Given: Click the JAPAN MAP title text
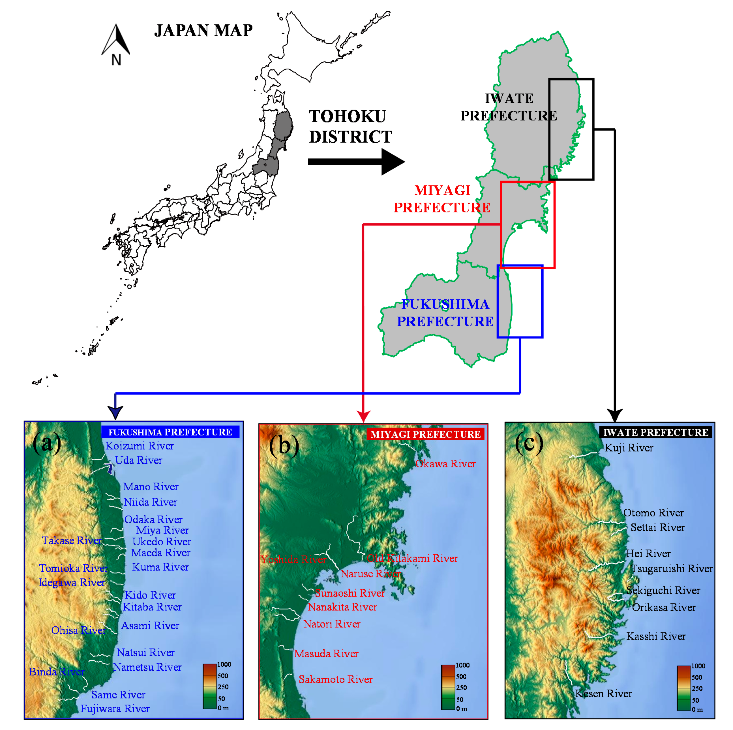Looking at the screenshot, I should click(x=203, y=30).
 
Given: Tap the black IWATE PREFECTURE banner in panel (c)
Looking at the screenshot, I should click(x=655, y=433).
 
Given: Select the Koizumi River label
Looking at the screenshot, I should click(x=139, y=446).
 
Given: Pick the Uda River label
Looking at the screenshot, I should click(x=139, y=460).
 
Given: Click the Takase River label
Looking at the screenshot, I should click(x=72, y=541).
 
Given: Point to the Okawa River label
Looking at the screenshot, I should click(x=445, y=463).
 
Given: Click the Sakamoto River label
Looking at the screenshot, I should click(x=335, y=679).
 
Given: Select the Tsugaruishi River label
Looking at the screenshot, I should click(x=672, y=569).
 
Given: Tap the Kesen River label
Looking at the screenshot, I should click(x=603, y=694).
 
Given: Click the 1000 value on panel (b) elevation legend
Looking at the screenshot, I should click(x=462, y=665).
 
